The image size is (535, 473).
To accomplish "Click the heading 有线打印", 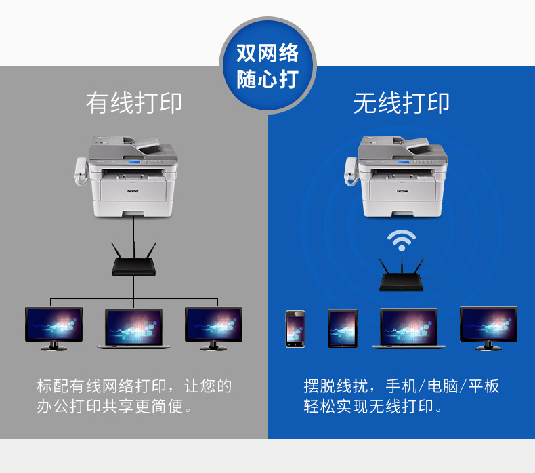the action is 134,103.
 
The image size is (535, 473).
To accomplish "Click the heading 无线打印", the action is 401,103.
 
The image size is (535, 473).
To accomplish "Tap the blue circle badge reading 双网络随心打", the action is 268,65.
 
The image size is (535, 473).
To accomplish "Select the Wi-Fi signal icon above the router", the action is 402,241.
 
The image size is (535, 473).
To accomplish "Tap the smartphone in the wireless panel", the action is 295,329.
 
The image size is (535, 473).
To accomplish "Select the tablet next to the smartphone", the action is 343,329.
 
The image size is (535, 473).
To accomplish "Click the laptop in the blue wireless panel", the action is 409,329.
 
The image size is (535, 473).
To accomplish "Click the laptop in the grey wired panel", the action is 134,329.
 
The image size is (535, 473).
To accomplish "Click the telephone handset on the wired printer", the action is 81,171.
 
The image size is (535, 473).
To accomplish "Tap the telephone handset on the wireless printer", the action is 351,171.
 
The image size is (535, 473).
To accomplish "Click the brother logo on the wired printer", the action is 133,191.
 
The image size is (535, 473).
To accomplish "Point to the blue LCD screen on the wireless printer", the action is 403,162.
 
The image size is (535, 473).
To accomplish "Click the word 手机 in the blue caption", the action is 402,386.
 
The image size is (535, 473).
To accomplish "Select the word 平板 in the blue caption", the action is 484,386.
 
